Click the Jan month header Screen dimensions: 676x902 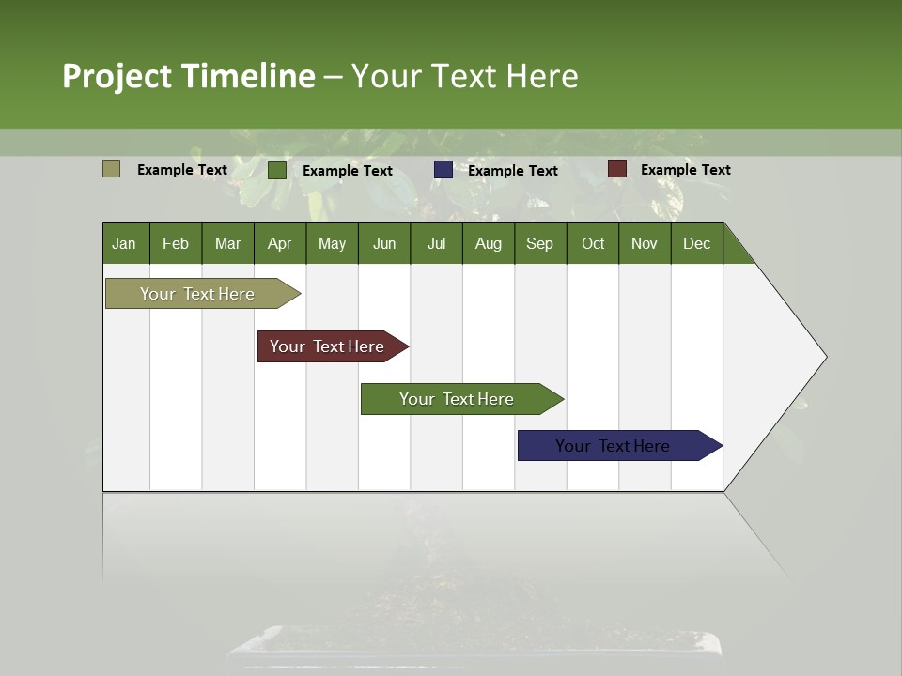pos(124,243)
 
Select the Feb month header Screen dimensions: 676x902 pos(176,243)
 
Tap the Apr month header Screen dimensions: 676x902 pos(279,243)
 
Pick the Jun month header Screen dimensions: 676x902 pos(384,243)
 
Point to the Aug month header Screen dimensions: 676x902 pos(488,243)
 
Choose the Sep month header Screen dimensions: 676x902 pos(539,243)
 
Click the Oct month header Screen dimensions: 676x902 pos(593,243)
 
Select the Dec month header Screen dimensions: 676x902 pos(696,243)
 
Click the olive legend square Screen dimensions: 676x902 pos(111,169)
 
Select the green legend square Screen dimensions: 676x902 pos(277,170)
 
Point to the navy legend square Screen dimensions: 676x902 pos(443,170)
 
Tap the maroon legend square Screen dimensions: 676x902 pos(616,169)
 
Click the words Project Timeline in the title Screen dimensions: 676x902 pos(189,76)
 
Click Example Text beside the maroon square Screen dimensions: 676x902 pos(686,169)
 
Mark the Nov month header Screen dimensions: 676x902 pos(645,243)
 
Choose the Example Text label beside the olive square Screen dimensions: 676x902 pos(182,169)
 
